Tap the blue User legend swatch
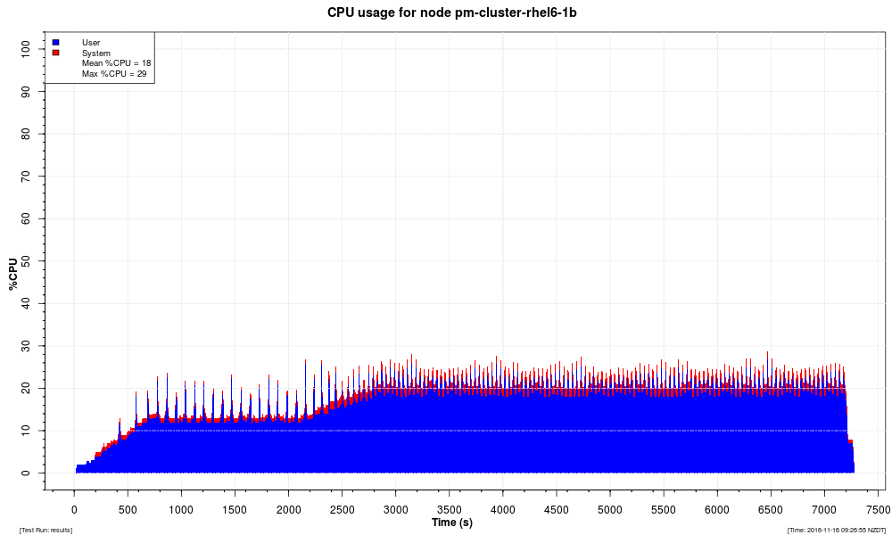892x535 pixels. pyautogui.click(x=56, y=42)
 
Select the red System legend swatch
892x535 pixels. pyautogui.click(x=56, y=53)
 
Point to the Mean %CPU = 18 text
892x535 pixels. pyautogui.click(x=117, y=63)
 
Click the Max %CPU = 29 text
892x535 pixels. pyautogui.click(x=114, y=74)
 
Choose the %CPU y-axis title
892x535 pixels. pyautogui.click(x=12, y=274)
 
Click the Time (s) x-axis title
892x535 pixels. pyautogui.click(x=452, y=522)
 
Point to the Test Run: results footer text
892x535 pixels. pyautogui.click(x=45, y=530)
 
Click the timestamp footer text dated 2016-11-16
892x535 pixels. pyautogui.click(x=836, y=530)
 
